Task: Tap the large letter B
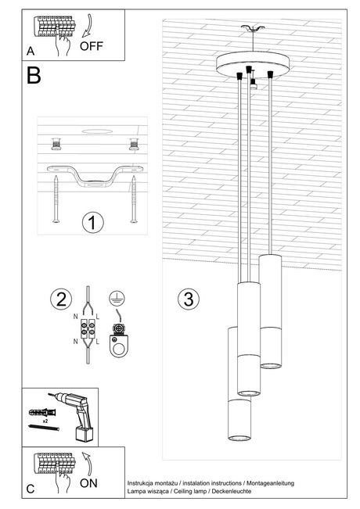pos(34,76)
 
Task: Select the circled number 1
pos(92,223)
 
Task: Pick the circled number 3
pos(185,299)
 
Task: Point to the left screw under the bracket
pos(56,199)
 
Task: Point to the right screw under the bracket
pos(133,199)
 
